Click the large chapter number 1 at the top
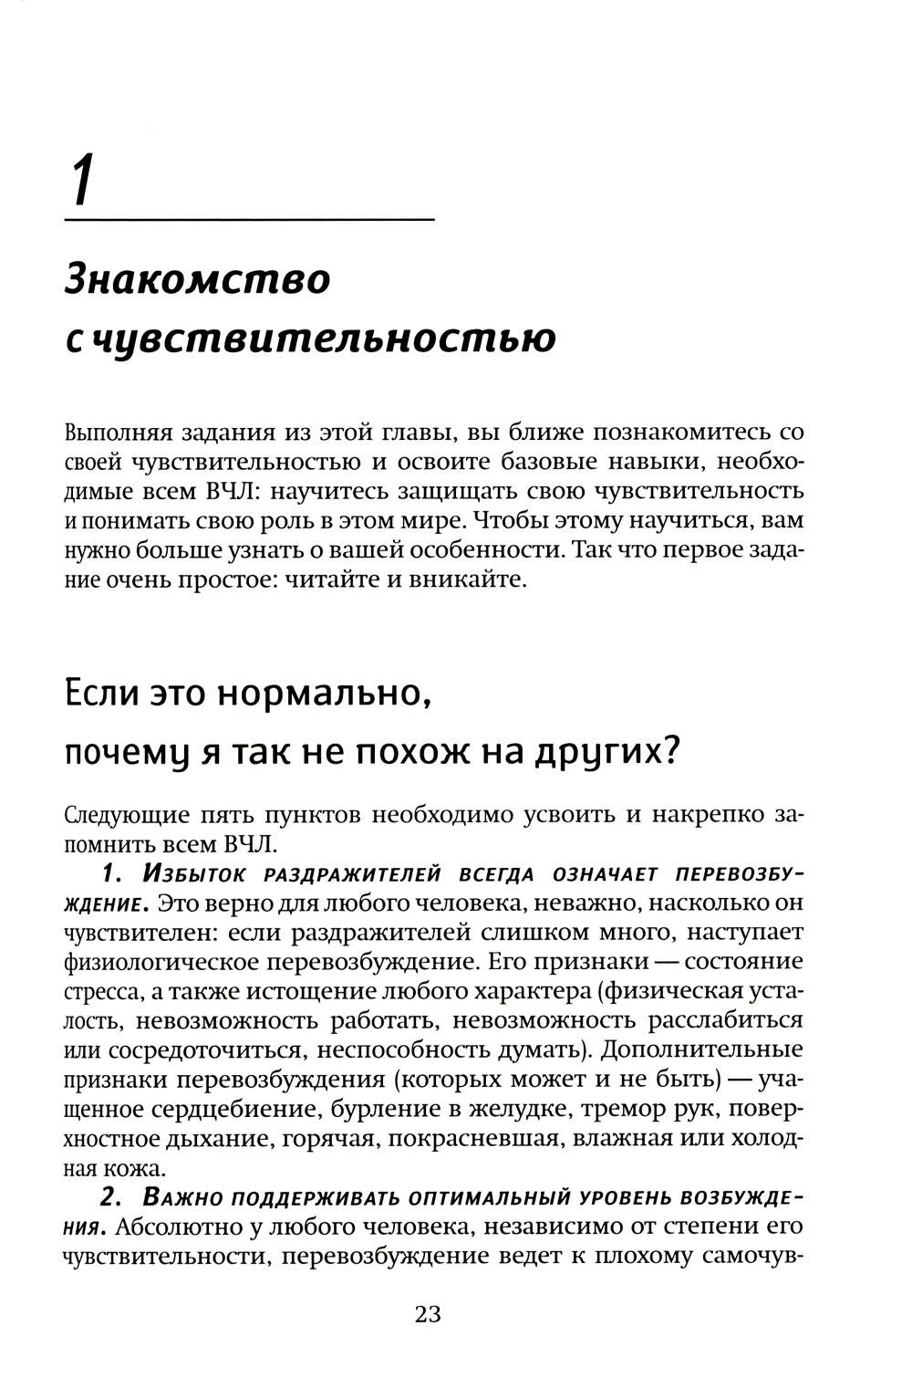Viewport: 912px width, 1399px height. coord(82,181)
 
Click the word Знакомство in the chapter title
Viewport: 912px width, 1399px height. coord(197,278)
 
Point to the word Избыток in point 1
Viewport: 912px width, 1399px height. coord(193,875)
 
